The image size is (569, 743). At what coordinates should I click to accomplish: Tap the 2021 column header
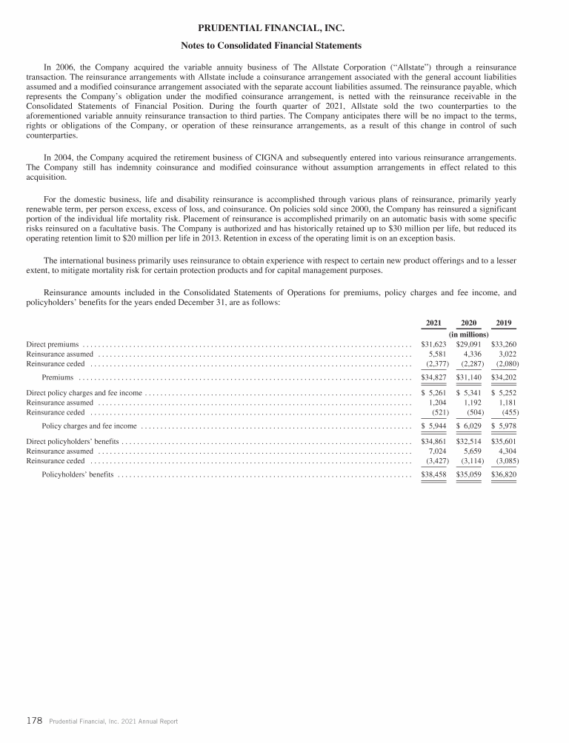pyautogui.click(x=434, y=323)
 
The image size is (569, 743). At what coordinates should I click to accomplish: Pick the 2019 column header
pyautogui.click(x=504, y=323)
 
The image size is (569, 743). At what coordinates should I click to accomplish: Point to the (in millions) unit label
pyautogui.click(x=469, y=334)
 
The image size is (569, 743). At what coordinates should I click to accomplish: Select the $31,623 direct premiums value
pyautogui.click(x=434, y=344)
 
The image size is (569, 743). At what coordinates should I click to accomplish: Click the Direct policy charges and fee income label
pyautogui.click(x=84, y=392)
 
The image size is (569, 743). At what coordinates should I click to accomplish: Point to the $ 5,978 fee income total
pyautogui.click(x=504, y=426)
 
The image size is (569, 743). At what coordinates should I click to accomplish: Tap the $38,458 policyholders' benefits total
pyautogui.click(x=434, y=474)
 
